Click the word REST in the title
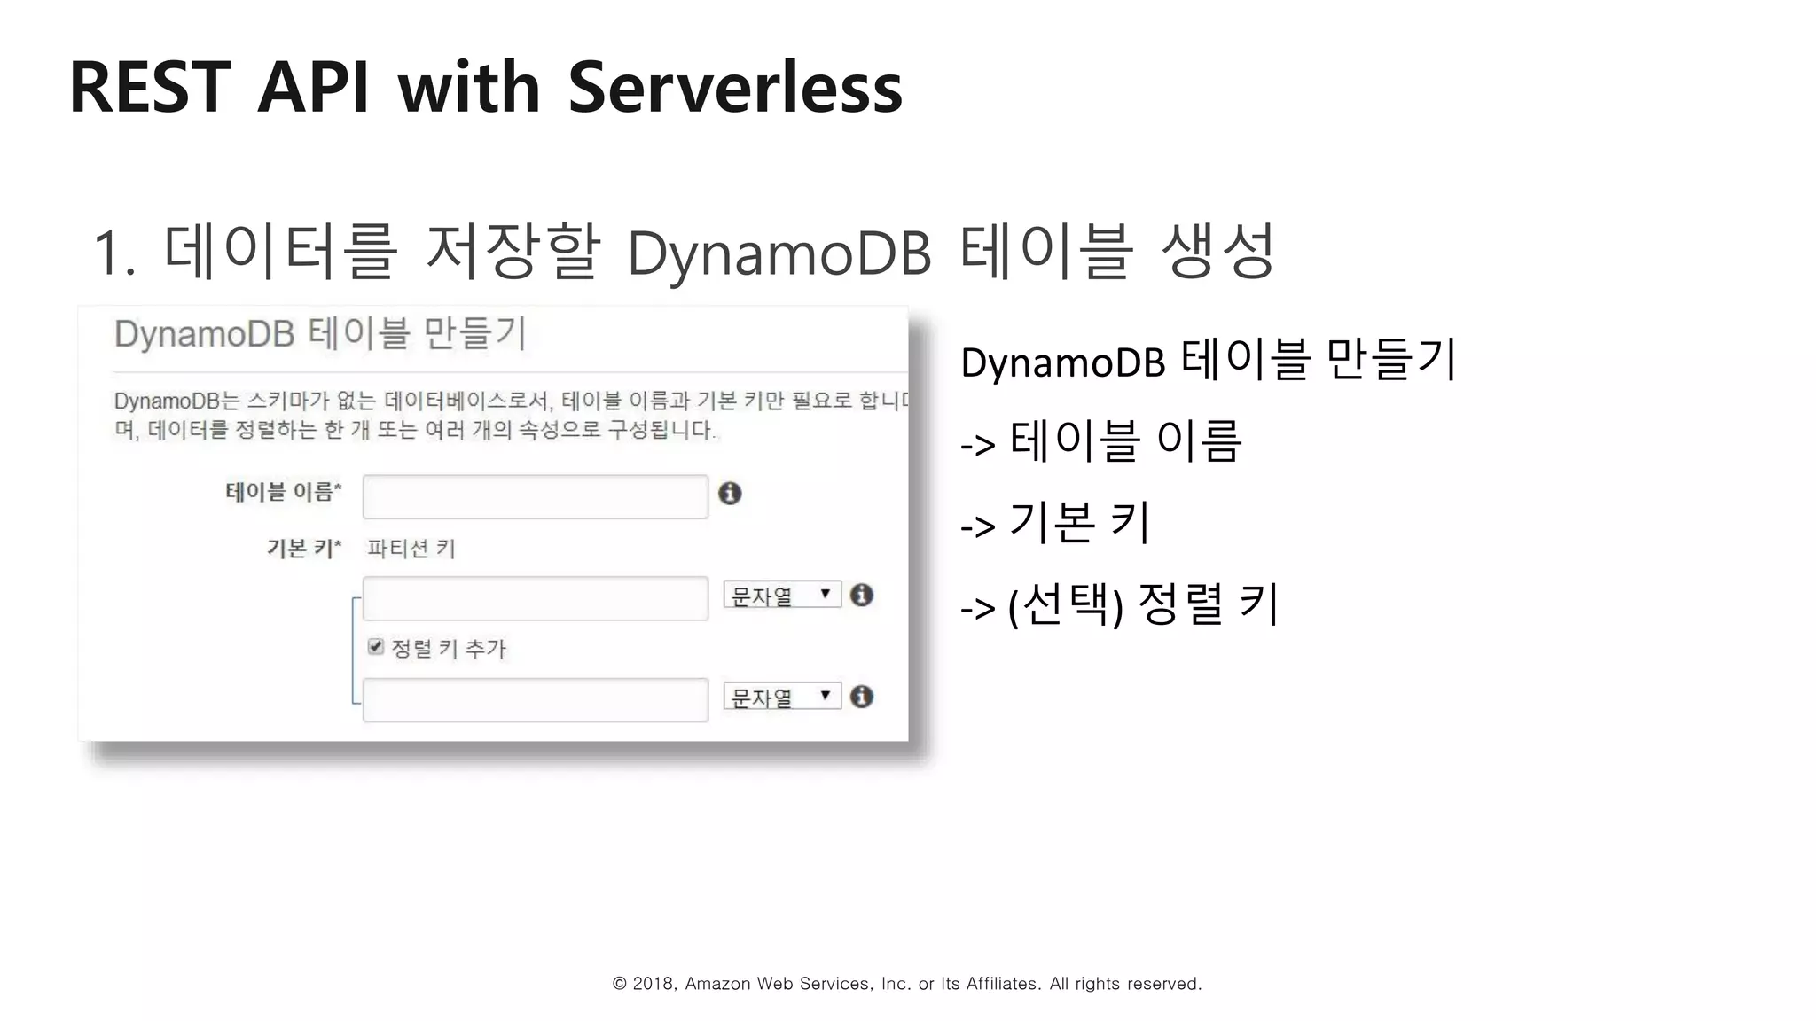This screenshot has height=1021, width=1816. (x=149, y=88)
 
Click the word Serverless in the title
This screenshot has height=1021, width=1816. (x=734, y=88)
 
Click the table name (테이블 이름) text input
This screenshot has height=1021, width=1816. (x=535, y=497)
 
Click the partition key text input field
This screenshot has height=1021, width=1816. (x=535, y=598)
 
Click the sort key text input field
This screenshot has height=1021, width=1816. (x=535, y=700)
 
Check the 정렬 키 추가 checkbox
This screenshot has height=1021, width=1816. (x=376, y=647)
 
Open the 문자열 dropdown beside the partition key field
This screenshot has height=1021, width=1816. (x=781, y=596)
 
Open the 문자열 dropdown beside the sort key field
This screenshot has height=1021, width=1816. (x=781, y=698)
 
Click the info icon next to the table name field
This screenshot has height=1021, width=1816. (x=730, y=494)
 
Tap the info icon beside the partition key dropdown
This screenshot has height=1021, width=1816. (x=862, y=595)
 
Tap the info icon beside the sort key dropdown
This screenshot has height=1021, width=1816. (x=862, y=697)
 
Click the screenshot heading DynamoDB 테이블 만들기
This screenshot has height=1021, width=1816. (x=321, y=334)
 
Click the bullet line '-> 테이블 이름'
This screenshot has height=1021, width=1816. (x=1101, y=441)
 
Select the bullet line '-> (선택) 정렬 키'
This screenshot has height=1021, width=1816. (x=1119, y=605)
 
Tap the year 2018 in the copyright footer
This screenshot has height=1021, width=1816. (x=653, y=984)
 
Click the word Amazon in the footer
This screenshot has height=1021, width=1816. (x=717, y=984)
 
